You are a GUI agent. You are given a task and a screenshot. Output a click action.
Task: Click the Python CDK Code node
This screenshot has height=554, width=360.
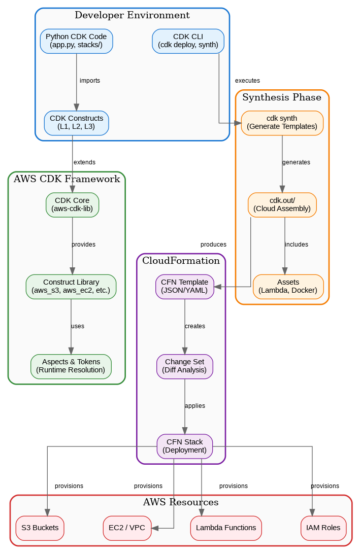click(x=76, y=41)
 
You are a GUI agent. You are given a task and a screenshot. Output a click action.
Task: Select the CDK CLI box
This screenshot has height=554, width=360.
click(x=188, y=41)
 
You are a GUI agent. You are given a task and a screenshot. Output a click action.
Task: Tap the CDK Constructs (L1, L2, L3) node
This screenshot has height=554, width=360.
click(x=76, y=123)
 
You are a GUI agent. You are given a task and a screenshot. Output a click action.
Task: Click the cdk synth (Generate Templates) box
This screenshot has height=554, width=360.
click(x=282, y=123)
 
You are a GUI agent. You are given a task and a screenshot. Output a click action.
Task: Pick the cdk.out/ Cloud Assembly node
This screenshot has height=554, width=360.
click(x=282, y=204)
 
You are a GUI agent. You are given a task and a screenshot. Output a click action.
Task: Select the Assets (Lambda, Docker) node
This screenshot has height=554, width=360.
click(x=288, y=286)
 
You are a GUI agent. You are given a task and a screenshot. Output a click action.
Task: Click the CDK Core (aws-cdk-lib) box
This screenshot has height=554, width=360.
click(x=72, y=204)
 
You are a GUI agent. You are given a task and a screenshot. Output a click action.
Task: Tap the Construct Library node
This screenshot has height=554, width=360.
click(x=71, y=286)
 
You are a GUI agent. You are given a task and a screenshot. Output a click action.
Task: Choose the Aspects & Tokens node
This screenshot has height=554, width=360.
click(x=71, y=366)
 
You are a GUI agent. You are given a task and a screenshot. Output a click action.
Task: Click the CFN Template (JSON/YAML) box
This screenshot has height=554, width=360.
click(x=184, y=286)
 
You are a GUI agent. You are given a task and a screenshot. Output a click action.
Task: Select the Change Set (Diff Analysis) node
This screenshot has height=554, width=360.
click(x=184, y=366)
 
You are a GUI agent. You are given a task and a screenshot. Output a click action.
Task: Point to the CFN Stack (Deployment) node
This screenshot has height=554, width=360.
click(x=184, y=446)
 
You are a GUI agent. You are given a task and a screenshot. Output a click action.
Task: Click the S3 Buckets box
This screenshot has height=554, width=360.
click(x=40, y=528)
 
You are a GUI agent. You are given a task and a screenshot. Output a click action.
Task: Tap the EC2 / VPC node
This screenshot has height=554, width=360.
click(x=127, y=528)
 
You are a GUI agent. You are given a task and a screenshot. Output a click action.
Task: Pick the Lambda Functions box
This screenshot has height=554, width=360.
click(x=226, y=528)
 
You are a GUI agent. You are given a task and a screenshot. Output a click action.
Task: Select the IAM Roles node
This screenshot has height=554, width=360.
click(x=323, y=528)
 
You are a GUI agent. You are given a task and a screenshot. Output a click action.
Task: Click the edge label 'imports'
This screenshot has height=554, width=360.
click(x=90, y=81)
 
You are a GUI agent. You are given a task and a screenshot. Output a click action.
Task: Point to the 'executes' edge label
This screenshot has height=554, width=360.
click(x=247, y=81)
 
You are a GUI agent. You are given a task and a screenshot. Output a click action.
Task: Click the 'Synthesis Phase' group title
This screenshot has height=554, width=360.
click(x=282, y=97)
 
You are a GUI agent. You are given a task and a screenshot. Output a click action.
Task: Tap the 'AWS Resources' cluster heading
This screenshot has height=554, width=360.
click(x=181, y=502)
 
